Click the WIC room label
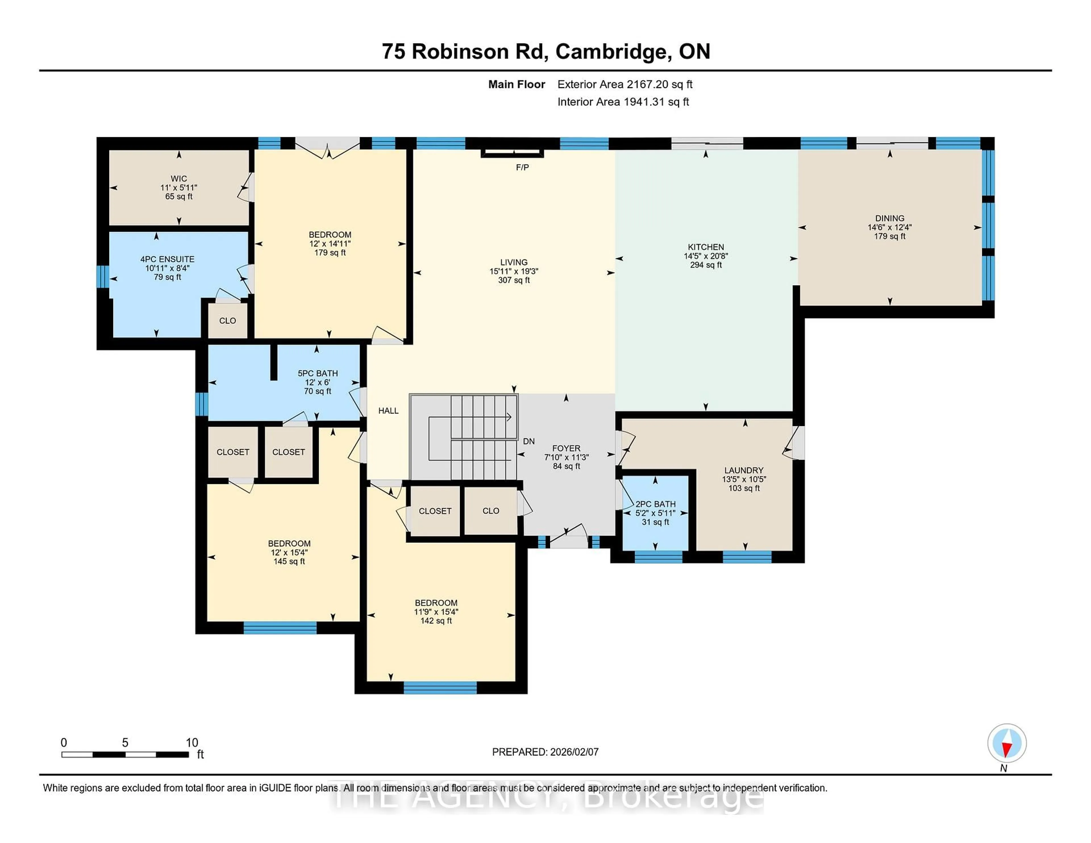click(x=179, y=178)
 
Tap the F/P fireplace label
click(x=522, y=167)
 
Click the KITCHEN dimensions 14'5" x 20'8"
click(x=705, y=256)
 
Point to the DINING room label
click(x=889, y=218)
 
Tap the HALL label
click(x=388, y=410)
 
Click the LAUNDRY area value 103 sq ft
click(x=744, y=488)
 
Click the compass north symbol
click(x=1007, y=743)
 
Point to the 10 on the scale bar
click(x=192, y=743)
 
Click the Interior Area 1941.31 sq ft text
click(x=623, y=102)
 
